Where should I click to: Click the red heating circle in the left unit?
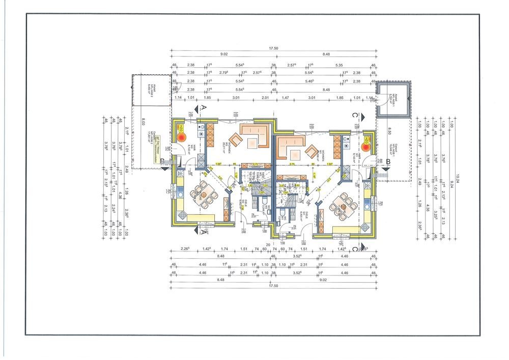[x=182, y=137]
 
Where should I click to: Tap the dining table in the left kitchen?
[x=203, y=193]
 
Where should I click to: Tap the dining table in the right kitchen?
[x=342, y=206]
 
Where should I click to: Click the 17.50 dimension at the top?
[x=273, y=49]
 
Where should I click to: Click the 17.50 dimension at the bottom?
[x=273, y=286]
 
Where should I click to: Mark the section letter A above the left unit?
[x=204, y=108]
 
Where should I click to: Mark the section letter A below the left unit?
[x=204, y=232]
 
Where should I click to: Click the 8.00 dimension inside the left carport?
[x=144, y=122]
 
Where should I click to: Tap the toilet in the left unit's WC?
[x=265, y=206]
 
